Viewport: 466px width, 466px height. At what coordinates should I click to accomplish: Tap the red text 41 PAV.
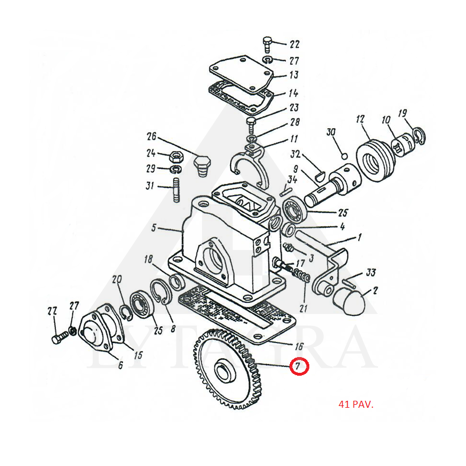[x=356, y=404]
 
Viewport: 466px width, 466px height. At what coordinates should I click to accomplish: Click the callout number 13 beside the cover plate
[x=294, y=75]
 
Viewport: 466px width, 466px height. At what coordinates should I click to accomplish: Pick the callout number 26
[x=151, y=136]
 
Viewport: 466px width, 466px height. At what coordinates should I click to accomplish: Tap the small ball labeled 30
[x=344, y=156]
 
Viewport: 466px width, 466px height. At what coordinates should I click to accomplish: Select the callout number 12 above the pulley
[x=361, y=119]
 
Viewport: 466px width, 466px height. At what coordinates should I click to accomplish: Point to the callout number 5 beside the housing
[x=153, y=228]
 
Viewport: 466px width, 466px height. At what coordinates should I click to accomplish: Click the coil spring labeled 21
[x=302, y=276]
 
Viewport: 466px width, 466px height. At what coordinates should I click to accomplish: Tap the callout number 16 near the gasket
[x=299, y=346]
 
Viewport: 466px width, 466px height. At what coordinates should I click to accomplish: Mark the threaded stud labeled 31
[x=176, y=190]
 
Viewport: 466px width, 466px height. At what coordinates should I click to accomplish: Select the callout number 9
[x=296, y=169]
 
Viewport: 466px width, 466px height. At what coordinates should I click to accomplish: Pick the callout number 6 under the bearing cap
[x=121, y=365]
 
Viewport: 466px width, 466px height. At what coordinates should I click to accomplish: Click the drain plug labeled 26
[x=202, y=166]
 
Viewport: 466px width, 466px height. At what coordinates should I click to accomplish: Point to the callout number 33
[x=371, y=272]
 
